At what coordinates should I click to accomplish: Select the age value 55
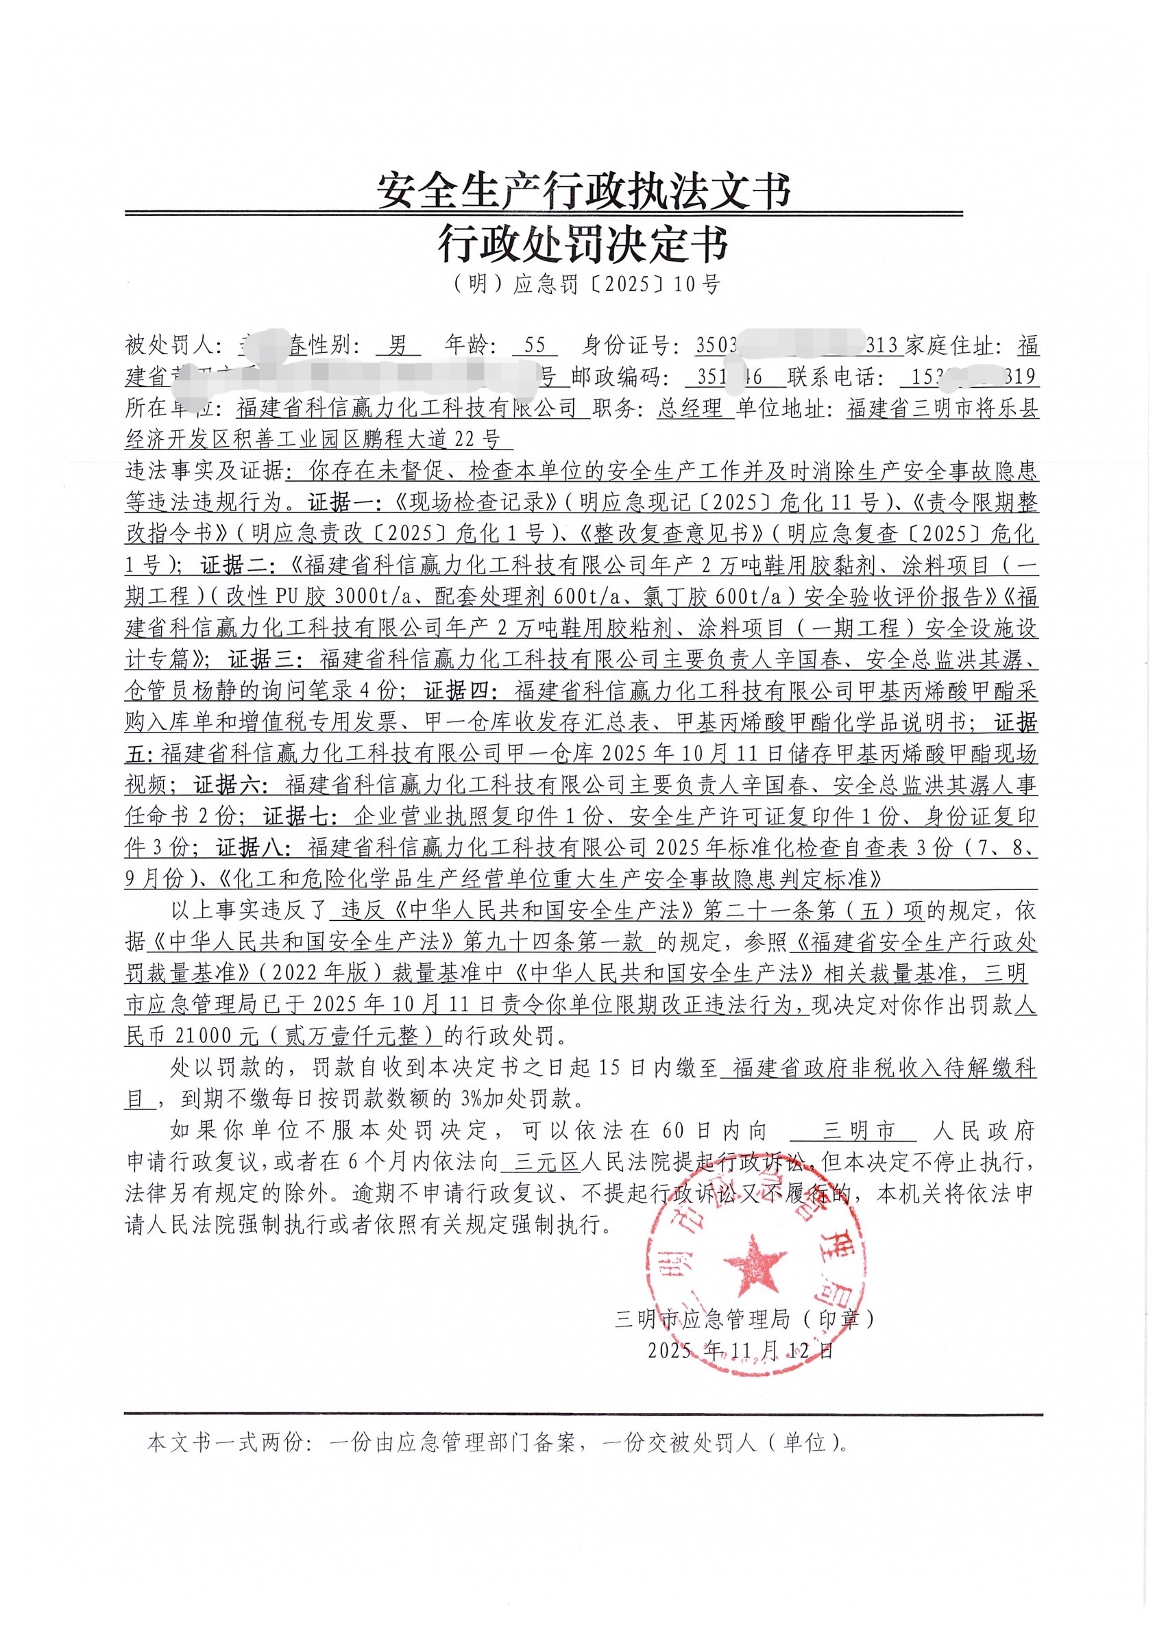[x=535, y=346]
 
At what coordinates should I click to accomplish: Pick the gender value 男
[x=398, y=346]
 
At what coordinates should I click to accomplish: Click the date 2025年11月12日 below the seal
[x=740, y=1350]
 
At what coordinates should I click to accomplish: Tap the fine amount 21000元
[x=217, y=1036]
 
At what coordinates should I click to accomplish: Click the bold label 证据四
[x=461, y=691]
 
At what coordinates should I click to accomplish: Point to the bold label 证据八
[x=252, y=848]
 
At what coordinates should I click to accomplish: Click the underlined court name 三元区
[x=548, y=1163]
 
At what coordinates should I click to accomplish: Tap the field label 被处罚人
[x=170, y=346]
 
